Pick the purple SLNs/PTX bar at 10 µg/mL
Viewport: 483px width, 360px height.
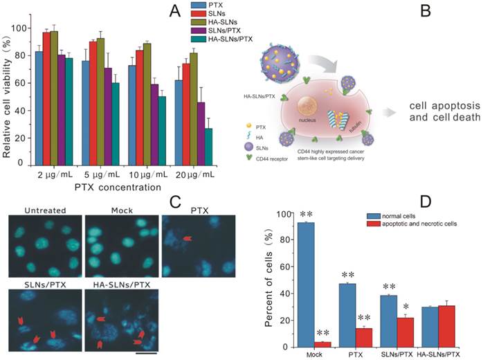click(x=154, y=125)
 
